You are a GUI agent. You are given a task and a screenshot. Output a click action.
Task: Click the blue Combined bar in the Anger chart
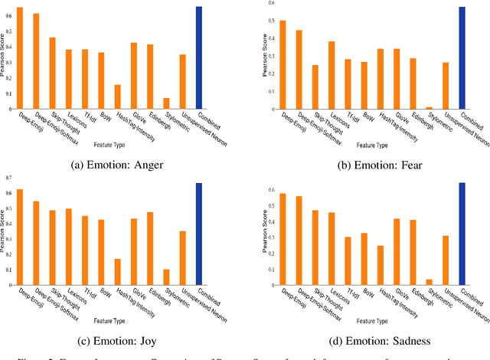pos(199,57)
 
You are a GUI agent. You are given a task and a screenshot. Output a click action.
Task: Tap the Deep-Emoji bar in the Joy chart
pos(20,237)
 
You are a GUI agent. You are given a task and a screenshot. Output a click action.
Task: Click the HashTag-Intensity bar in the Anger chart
pos(117,97)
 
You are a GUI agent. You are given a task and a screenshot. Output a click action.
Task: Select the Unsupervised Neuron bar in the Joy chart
pos(182,258)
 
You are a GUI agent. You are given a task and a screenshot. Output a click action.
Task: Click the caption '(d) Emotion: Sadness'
pos(368,341)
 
